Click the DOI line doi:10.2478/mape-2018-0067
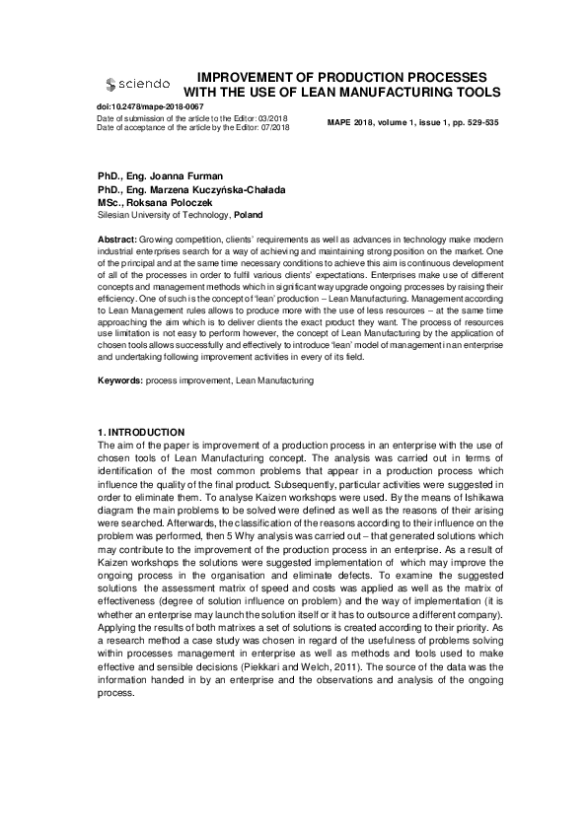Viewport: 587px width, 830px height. (151, 105)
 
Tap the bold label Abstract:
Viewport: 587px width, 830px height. (117, 241)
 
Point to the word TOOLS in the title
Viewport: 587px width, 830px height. (469, 92)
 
